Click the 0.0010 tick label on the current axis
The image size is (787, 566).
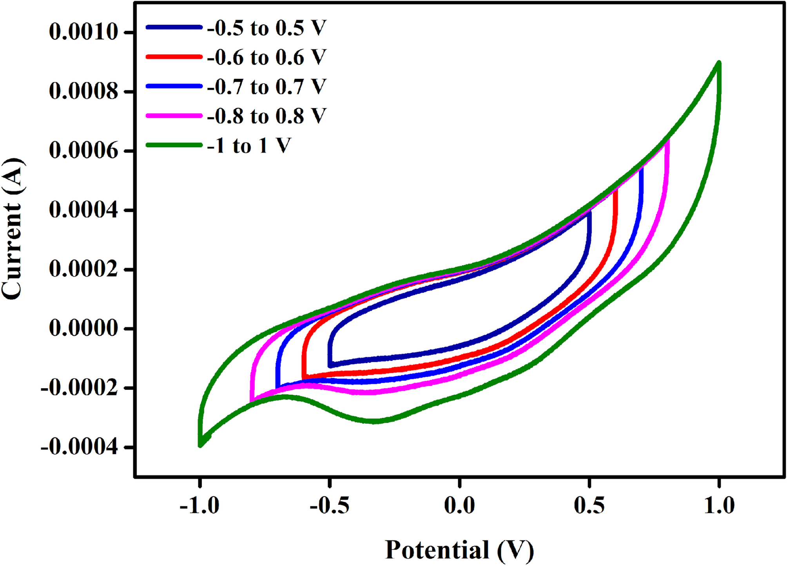click(83, 32)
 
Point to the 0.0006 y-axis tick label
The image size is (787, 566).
click(83, 151)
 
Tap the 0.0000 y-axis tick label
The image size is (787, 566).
click(83, 328)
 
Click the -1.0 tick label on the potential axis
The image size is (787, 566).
click(199, 505)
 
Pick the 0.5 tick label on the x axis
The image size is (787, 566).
click(589, 505)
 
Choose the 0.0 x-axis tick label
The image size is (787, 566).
click(459, 505)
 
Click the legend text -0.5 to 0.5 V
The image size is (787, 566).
click(267, 28)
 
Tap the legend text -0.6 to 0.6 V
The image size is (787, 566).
click(267, 58)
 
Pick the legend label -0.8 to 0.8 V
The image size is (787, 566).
click(267, 116)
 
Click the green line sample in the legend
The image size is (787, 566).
click(174, 145)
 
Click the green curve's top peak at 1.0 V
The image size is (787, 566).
click(719, 63)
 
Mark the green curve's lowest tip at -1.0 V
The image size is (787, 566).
click(200, 445)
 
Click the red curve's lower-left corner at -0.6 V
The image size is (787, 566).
click(304, 377)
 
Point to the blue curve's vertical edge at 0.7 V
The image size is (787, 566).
click(641, 188)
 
